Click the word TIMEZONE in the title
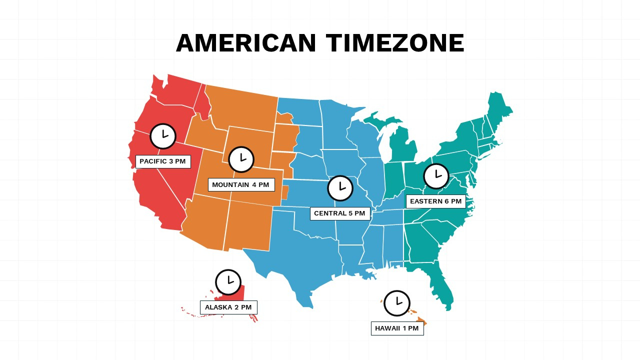point(395,43)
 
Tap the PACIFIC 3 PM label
point(163,161)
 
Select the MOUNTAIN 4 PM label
point(241,185)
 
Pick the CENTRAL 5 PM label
point(340,213)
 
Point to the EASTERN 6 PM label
point(435,201)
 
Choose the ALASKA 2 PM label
point(228,307)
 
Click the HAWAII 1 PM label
point(397,328)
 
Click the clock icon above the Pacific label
point(163,136)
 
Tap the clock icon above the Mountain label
point(241,159)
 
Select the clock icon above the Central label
point(340,188)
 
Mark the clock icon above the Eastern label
point(436,176)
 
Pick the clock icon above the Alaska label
point(228,282)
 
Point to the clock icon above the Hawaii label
point(397,303)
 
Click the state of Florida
point(440,285)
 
